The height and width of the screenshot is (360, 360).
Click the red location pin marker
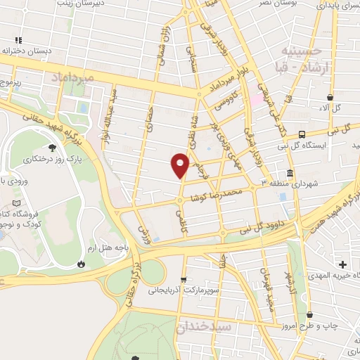180,165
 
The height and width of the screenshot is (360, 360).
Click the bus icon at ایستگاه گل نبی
302,134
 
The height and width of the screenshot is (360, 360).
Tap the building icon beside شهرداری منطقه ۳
290,173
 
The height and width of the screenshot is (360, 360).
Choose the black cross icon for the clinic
342,264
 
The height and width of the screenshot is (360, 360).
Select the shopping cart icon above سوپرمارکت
184,279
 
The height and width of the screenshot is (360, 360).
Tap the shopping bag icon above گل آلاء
329,97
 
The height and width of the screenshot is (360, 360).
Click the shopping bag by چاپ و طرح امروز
310,315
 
